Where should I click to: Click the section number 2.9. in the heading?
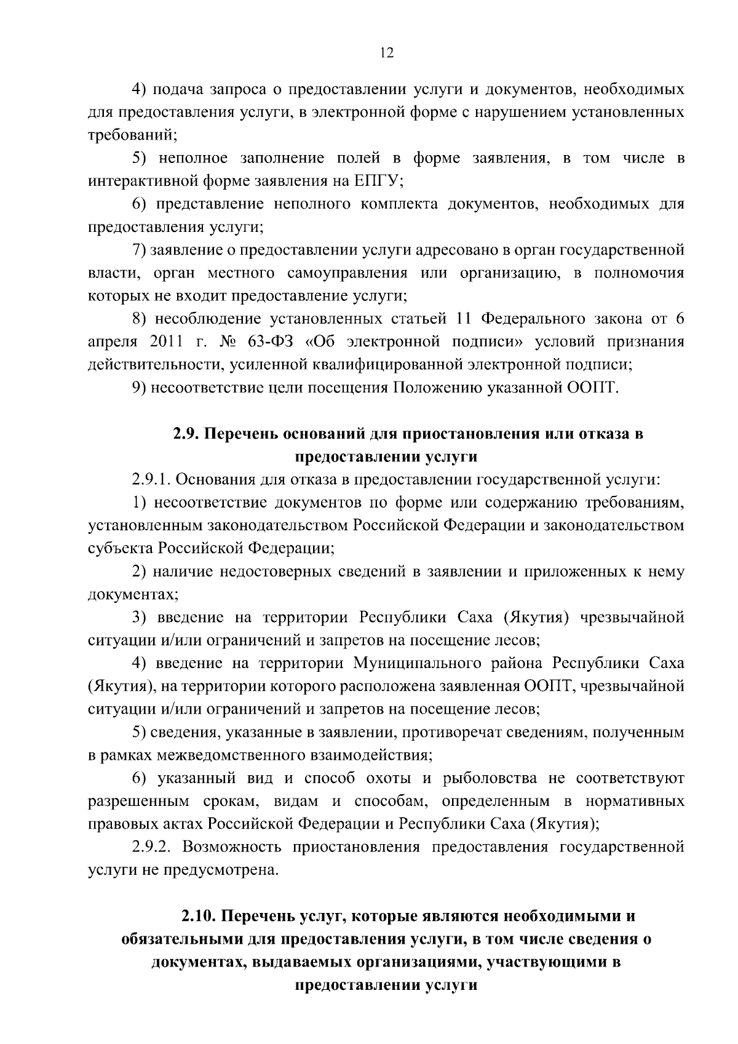tap(184, 434)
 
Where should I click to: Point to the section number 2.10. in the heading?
tap(199, 916)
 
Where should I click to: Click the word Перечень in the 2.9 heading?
tap(239, 434)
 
